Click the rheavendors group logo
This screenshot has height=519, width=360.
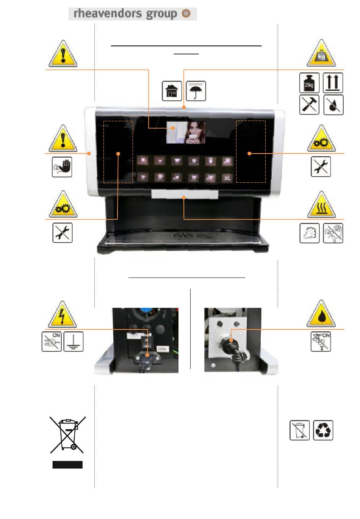tap(132, 14)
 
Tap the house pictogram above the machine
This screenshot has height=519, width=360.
tap(172, 91)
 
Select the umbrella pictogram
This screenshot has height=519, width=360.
tap(196, 91)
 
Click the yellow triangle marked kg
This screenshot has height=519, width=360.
tap(321, 54)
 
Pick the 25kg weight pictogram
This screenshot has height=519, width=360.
tap(309, 83)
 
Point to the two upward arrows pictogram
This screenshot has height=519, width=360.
tap(333, 83)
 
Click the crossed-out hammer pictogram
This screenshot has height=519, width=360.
tap(309, 105)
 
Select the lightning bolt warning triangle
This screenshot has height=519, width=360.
tap(62, 315)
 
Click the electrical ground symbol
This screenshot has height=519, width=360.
tap(74, 342)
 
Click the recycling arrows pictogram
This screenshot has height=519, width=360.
tap(323, 430)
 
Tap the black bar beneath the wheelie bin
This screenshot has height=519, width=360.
tap(67, 465)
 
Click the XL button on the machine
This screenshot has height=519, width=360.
tap(227, 177)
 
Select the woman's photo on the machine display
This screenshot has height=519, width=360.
tap(186, 132)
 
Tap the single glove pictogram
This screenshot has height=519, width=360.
tap(310, 233)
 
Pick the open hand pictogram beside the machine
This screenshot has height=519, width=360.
tap(62, 167)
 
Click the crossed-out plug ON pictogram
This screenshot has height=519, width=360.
tap(52, 342)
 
